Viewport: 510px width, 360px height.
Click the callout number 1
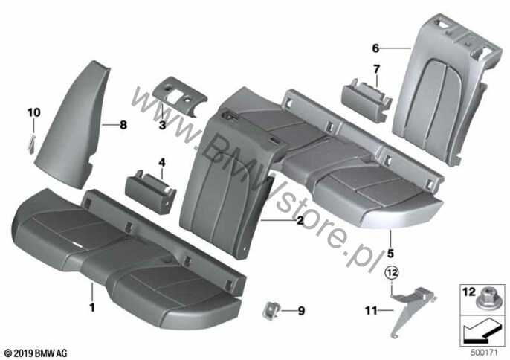(x=92, y=307)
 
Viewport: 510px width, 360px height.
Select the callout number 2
(x=300, y=221)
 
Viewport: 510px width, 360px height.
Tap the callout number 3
(x=162, y=125)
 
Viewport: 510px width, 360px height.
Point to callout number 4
(x=162, y=162)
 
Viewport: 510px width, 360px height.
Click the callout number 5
(x=390, y=253)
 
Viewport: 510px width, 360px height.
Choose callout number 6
(x=375, y=48)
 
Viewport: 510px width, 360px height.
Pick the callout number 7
(x=376, y=69)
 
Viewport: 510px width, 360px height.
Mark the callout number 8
(x=123, y=125)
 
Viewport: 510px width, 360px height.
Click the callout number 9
(x=302, y=311)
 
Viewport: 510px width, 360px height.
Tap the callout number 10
(x=34, y=112)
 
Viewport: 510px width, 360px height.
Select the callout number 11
(x=371, y=311)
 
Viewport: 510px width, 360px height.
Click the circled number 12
(x=392, y=273)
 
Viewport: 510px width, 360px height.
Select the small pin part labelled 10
(x=31, y=144)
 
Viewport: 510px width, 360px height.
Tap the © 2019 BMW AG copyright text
(x=36, y=353)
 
